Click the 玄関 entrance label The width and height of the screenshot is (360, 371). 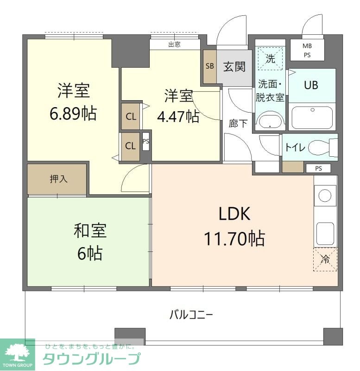(x=234, y=67)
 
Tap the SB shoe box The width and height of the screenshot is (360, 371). (x=210, y=66)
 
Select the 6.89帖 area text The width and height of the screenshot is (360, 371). (x=73, y=113)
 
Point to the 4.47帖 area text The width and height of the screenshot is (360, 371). (x=178, y=116)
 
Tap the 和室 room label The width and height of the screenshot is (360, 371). (x=90, y=230)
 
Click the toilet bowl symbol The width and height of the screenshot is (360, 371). (x=320, y=148)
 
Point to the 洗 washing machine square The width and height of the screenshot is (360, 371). (x=270, y=59)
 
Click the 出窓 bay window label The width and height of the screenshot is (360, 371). (x=174, y=45)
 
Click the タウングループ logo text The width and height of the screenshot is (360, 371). (x=91, y=359)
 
